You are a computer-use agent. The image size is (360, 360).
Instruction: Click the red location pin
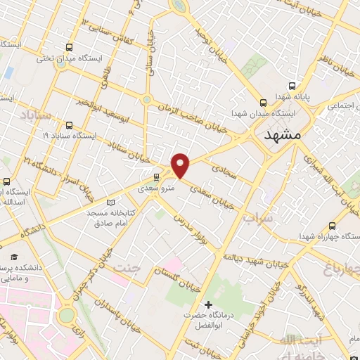181,165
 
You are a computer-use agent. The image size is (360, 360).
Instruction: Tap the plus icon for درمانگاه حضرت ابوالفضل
207,304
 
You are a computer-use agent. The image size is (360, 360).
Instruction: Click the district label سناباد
35,113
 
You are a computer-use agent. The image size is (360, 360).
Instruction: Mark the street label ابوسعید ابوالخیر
105,106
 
